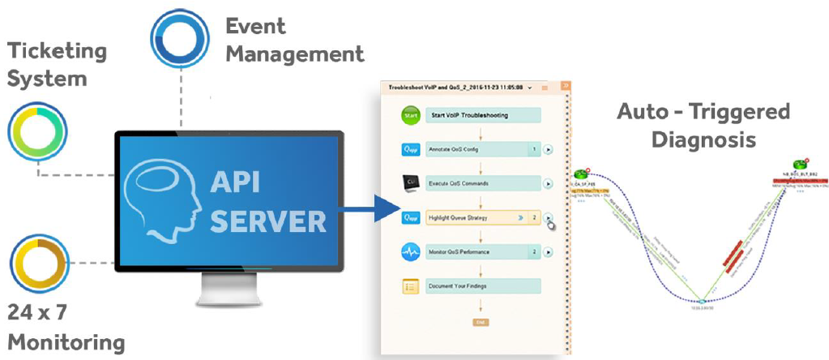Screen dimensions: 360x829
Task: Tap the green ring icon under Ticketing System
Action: (x=36, y=132)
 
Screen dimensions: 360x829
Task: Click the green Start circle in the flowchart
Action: (x=410, y=115)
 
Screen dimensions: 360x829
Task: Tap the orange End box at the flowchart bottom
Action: (x=480, y=322)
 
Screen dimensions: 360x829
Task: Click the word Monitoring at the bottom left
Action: (x=66, y=341)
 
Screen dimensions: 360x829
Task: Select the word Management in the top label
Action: (x=294, y=54)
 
